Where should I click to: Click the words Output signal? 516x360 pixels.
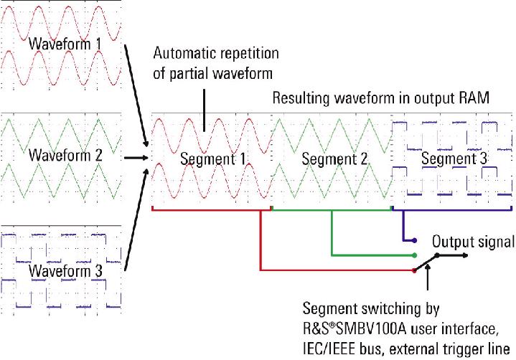point(474,242)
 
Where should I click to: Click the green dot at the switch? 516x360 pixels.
point(415,255)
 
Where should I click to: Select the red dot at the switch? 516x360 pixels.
point(414,270)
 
